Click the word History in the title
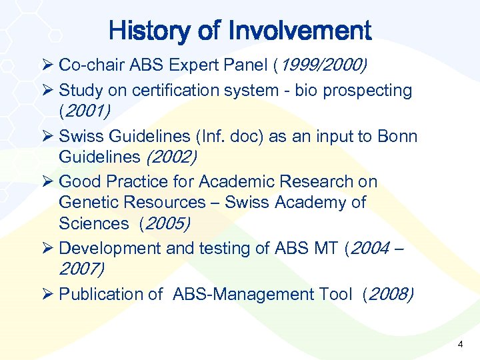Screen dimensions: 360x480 (146, 31)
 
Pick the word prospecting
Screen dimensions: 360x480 (366, 90)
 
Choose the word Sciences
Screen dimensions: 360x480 (93, 223)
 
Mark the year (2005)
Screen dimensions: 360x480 (164, 223)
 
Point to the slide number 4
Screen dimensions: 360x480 (460, 344)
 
